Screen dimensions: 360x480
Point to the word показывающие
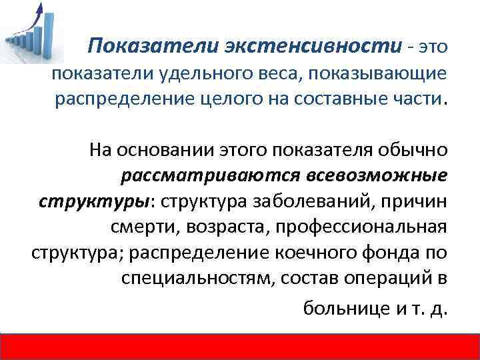click(377, 74)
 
